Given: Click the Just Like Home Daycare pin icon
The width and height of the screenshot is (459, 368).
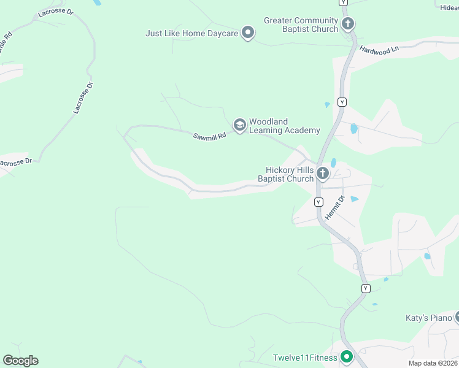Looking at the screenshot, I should tap(248, 33).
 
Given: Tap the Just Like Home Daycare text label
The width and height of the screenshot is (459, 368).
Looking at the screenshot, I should tap(191, 33).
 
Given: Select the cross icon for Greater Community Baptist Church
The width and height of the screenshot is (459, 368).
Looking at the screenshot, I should tap(348, 25).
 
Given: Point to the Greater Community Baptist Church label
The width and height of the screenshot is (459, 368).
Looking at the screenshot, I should tap(301, 25).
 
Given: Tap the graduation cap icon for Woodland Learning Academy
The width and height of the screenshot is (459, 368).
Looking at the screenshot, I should tap(239, 126).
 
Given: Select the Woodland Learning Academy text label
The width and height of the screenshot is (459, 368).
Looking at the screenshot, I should tap(284, 126).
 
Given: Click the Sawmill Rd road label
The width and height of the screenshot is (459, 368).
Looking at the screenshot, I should tap(210, 136).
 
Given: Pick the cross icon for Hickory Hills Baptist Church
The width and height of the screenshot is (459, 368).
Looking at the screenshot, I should tap(323, 175).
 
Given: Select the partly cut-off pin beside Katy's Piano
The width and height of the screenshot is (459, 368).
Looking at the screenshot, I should tap(457, 317).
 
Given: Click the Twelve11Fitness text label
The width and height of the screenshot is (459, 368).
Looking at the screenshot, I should tap(305, 358).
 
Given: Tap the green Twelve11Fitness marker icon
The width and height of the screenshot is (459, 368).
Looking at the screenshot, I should tap(347, 356).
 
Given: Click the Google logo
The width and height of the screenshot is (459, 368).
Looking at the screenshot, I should tap(20, 361).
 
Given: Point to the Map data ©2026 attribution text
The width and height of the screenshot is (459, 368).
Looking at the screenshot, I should tap(433, 363).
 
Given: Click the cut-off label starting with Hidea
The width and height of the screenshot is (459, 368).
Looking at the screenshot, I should tap(449, 7).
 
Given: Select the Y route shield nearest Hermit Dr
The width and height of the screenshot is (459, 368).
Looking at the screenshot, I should tap(318, 202).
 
